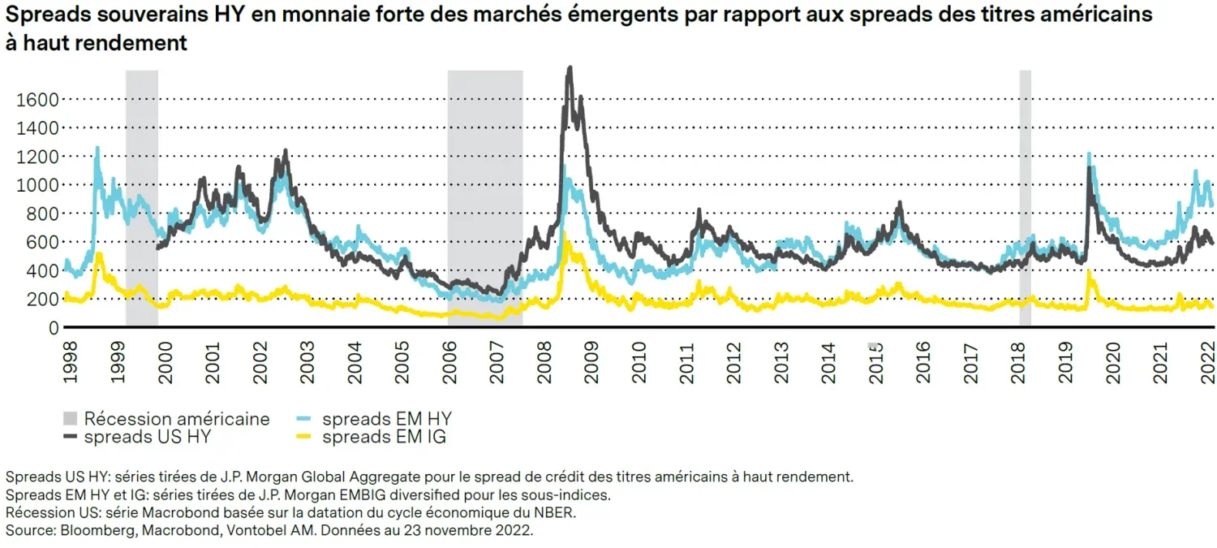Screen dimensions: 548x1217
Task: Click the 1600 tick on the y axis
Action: pos(37,99)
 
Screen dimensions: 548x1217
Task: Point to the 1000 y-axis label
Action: pos(37,185)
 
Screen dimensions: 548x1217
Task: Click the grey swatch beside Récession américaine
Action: pos(71,419)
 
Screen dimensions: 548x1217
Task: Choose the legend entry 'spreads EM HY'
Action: pos(386,419)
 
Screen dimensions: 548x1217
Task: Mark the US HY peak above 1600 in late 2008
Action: pos(570,69)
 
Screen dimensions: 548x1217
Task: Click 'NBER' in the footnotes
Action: pos(559,513)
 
